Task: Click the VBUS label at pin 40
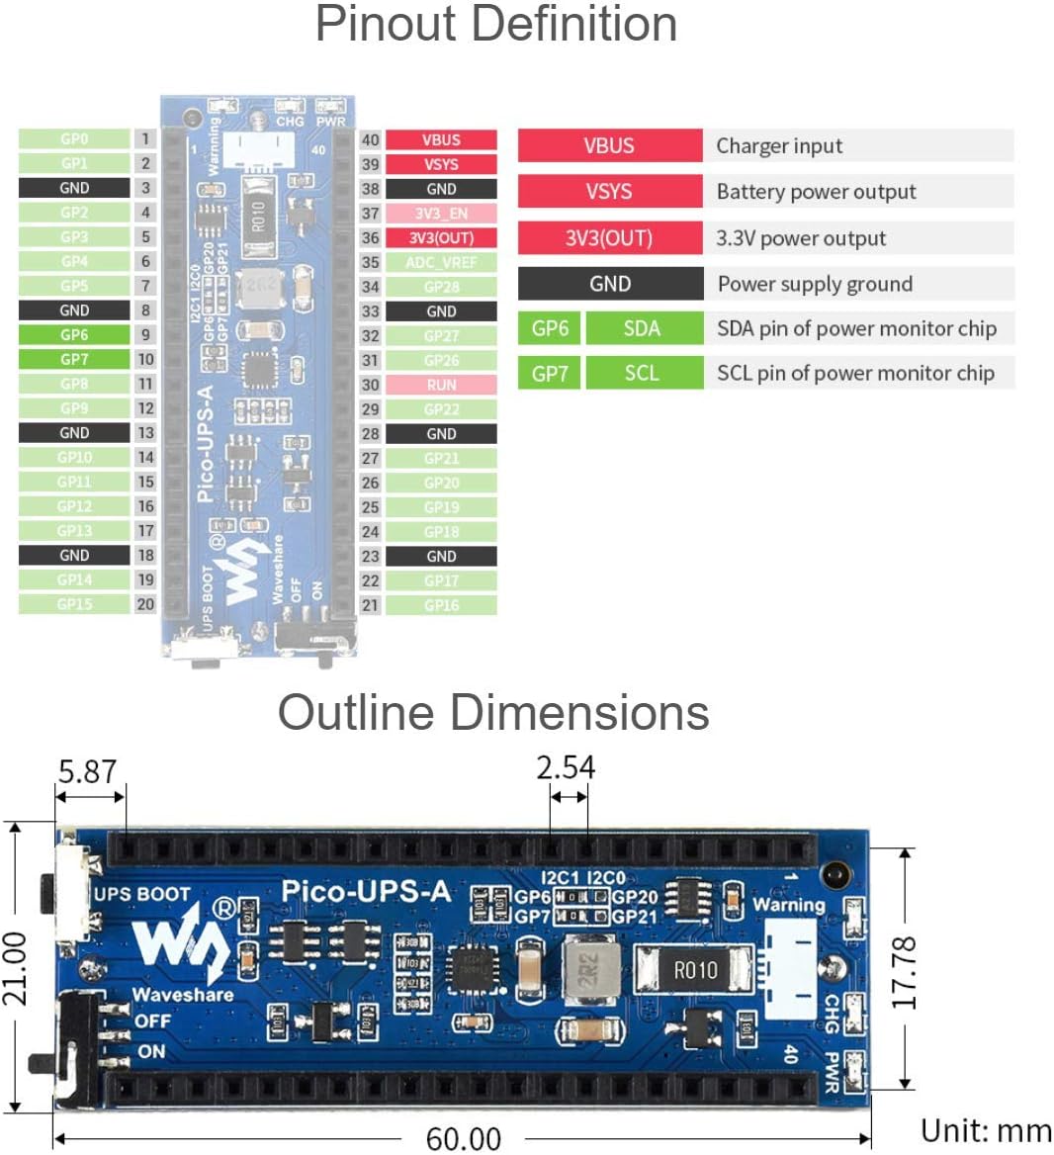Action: pyautogui.click(x=441, y=140)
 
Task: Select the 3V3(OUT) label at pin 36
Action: pyautogui.click(x=441, y=238)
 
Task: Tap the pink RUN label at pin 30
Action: pyautogui.click(x=441, y=385)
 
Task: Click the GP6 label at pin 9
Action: pyautogui.click(x=74, y=335)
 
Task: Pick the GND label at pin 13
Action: pyautogui.click(x=74, y=433)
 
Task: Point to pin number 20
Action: pyautogui.click(x=145, y=604)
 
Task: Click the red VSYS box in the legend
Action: pyautogui.click(x=609, y=192)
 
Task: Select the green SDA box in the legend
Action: pyautogui.click(x=643, y=328)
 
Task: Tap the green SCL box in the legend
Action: pyautogui.click(x=643, y=373)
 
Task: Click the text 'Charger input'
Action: pyautogui.click(x=779, y=146)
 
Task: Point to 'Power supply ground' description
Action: pyautogui.click(x=815, y=285)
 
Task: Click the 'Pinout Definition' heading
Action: pyautogui.click(x=496, y=25)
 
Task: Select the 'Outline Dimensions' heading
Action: pyautogui.click(x=493, y=712)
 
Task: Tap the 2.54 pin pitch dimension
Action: pyautogui.click(x=567, y=768)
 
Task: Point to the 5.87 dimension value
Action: pyautogui.click(x=87, y=772)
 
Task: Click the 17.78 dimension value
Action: pyautogui.click(x=904, y=973)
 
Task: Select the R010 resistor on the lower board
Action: pyautogui.click(x=695, y=970)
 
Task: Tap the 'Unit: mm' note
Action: pyautogui.click(x=985, y=1131)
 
